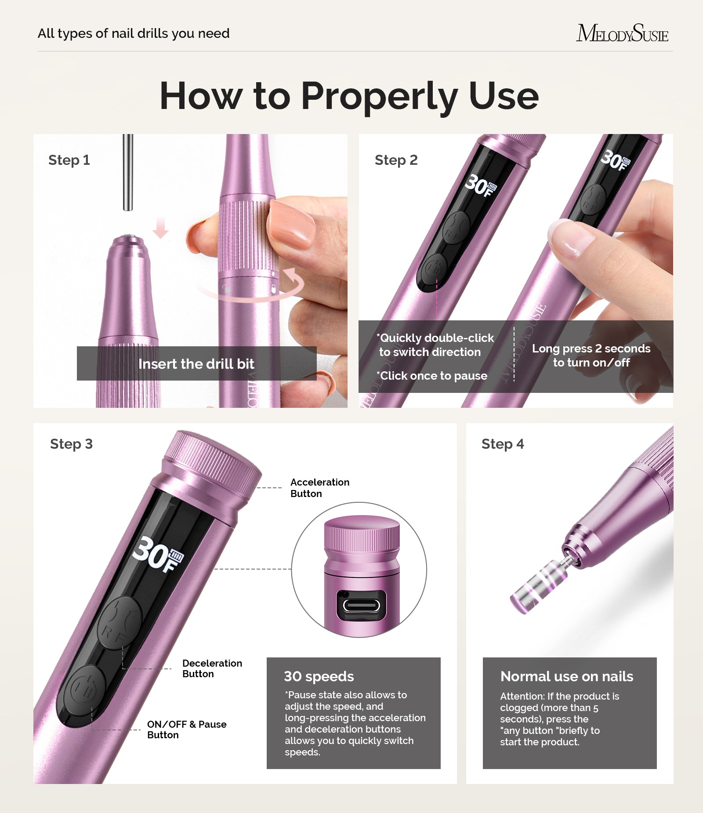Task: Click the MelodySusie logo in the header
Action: click(x=622, y=33)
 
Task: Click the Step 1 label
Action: click(x=69, y=160)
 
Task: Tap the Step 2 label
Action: click(x=396, y=160)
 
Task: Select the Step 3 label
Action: click(x=71, y=444)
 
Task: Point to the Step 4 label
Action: click(x=503, y=444)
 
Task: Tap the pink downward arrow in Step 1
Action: click(x=161, y=227)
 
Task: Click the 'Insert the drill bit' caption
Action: click(x=196, y=364)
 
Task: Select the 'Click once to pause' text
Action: click(x=433, y=376)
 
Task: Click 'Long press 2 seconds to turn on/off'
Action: click(x=591, y=356)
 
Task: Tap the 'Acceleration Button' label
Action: click(x=319, y=488)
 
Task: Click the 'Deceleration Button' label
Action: click(x=212, y=668)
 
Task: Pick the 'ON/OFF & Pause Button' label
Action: click(x=186, y=730)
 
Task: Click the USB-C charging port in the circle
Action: click(x=361, y=606)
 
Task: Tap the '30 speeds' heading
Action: click(x=319, y=676)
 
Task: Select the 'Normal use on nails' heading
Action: click(x=567, y=676)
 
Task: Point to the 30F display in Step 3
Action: click(x=158, y=555)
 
